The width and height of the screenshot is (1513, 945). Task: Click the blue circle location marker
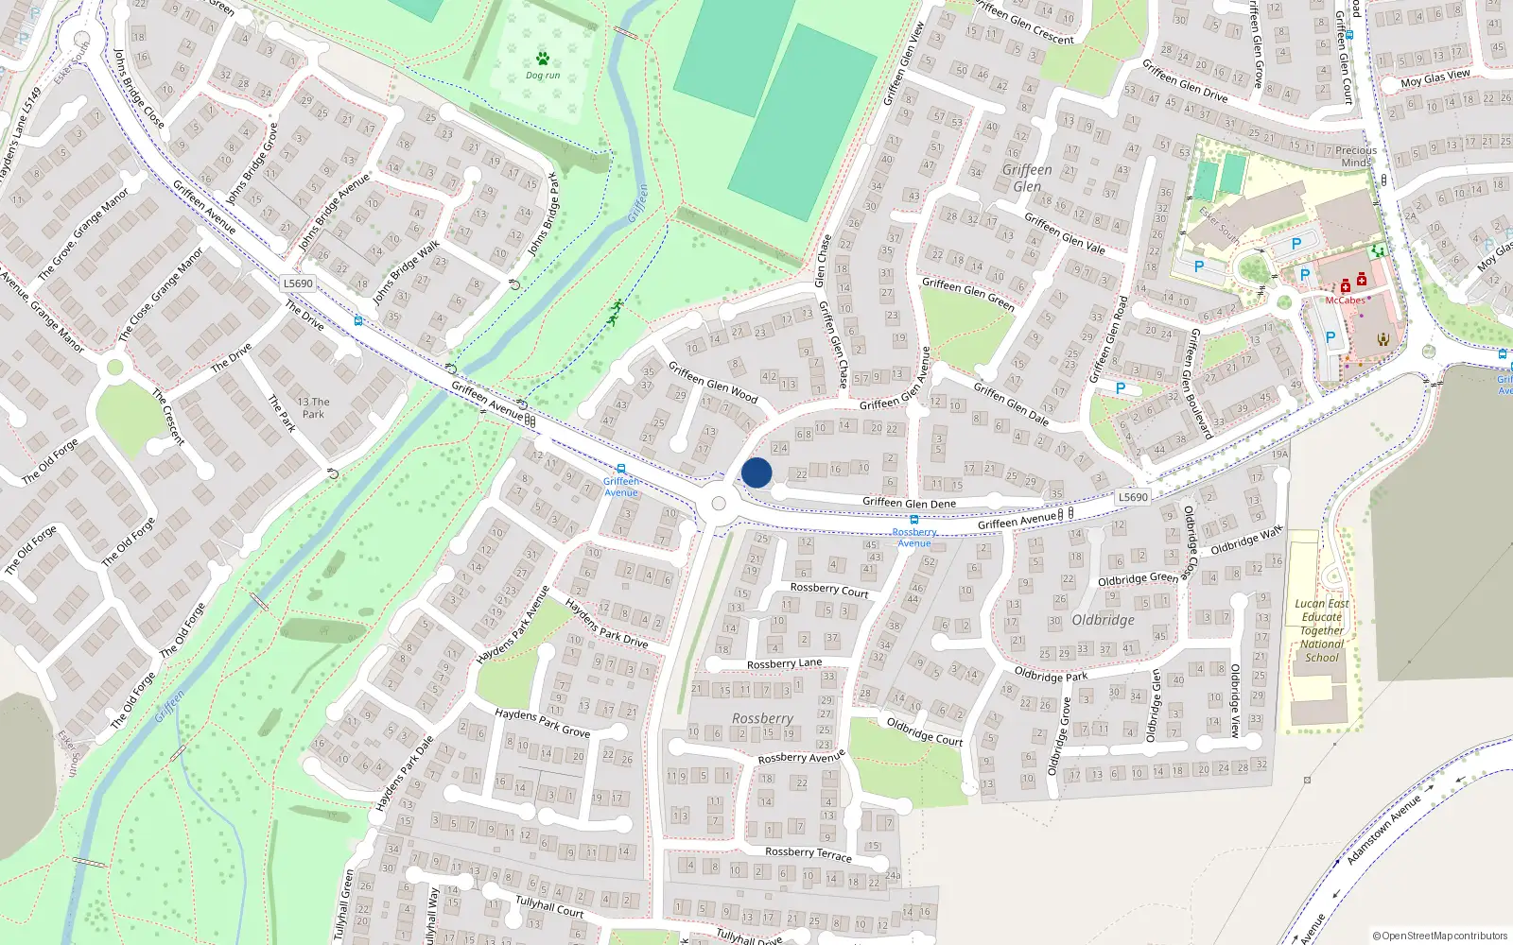click(756, 472)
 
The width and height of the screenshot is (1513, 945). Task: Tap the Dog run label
click(543, 76)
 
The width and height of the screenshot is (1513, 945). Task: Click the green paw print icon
click(543, 59)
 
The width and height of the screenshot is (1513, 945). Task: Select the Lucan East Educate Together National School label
click(1322, 630)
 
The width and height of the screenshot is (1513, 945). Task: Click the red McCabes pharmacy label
click(1345, 301)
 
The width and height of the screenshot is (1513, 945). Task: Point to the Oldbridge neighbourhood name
click(1104, 620)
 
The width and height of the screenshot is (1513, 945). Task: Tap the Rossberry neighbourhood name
click(762, 719)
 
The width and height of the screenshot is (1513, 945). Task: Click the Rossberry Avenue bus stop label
click(914, 538)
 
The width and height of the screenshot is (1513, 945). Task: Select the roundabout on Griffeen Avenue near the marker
click(718, 504)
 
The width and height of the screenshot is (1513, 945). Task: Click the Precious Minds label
click(1356, 156)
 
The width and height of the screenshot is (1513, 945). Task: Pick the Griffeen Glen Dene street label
click(909, 503)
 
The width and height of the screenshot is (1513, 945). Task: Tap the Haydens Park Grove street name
click(542, 723)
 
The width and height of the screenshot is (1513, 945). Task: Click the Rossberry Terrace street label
click(808, 853)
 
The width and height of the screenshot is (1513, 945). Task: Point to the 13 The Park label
click(313, 407)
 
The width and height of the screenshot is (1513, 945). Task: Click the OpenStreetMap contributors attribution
click(1439, 936)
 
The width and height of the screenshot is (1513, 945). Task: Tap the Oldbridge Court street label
click(924, 731)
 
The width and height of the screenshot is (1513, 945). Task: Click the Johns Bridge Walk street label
click(406, 273)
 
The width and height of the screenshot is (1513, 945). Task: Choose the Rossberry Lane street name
click(784, 663)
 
